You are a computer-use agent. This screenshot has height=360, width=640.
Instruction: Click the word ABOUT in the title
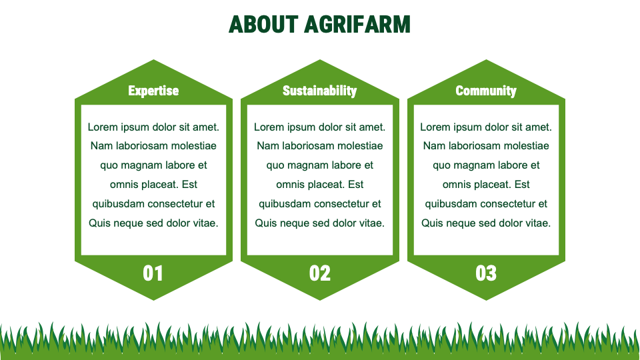263,25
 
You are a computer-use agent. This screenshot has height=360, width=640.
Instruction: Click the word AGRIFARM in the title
357,25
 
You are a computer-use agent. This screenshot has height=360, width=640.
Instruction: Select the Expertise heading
153,91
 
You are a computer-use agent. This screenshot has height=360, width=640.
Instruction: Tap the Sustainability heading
319,91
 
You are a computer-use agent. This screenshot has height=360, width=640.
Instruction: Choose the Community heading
486,91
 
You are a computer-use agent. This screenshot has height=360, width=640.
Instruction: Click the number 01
153,273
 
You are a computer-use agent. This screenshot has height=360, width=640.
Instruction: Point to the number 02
319,273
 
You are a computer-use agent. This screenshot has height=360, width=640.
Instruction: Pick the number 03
486,273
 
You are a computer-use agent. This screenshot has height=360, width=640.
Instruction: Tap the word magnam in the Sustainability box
310,165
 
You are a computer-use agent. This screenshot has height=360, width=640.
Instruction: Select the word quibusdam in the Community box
450,204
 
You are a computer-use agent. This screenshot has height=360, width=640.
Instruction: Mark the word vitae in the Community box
537,223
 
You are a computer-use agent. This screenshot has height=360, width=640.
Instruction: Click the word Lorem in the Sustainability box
269,127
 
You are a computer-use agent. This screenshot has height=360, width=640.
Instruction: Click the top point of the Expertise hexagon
153,61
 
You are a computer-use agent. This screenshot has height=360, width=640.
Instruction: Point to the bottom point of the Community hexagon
486,299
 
